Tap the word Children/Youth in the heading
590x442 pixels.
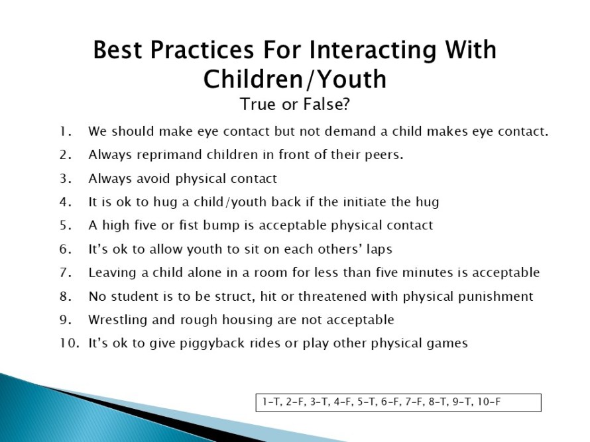295,80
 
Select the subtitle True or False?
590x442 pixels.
295,104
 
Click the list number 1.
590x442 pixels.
66,132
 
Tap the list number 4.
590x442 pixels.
66,202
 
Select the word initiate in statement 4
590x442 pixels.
360,202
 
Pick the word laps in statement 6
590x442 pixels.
380,249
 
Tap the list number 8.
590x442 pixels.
66,296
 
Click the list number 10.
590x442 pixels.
70,343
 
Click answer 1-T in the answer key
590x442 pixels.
272,402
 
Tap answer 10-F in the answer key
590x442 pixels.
489,402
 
